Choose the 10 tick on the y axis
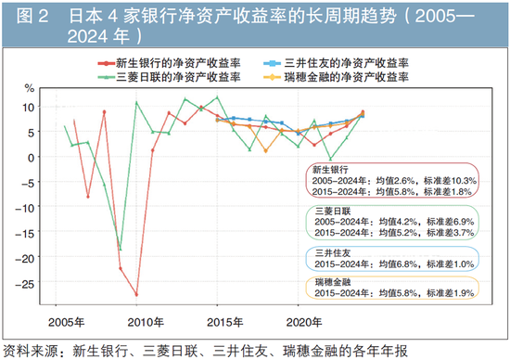[x=28, y=106]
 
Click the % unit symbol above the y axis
[x=29, y=89]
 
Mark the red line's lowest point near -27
[x=136, y=294]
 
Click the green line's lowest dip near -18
[x=120, y=249]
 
